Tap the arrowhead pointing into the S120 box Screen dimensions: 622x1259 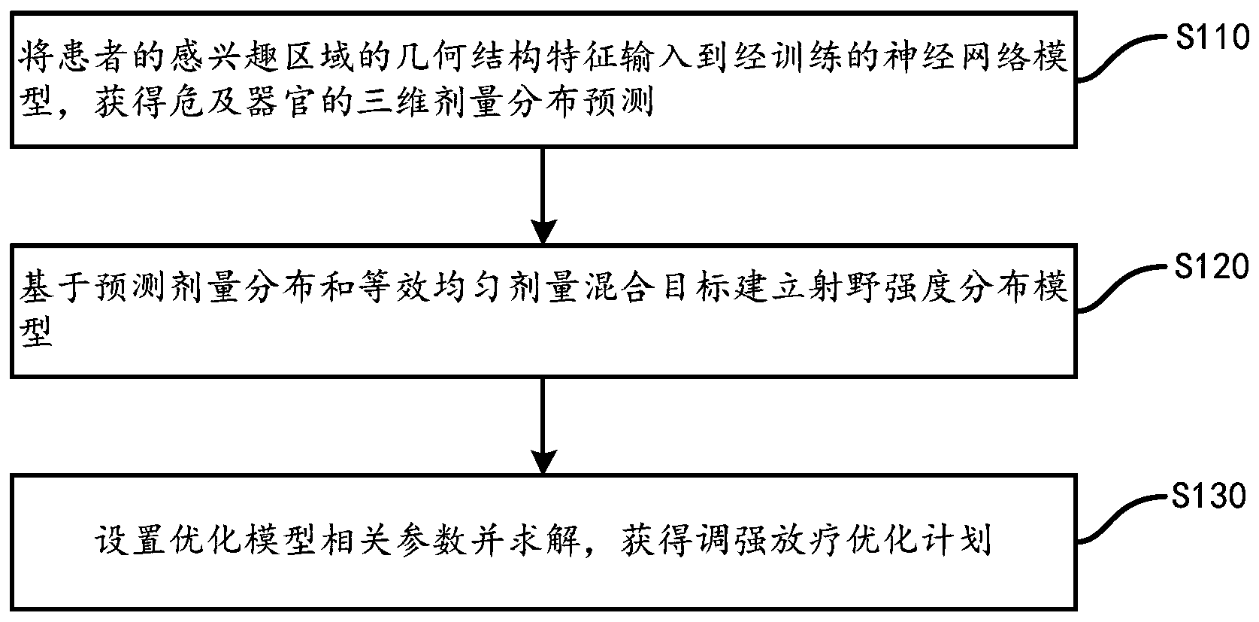543,230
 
